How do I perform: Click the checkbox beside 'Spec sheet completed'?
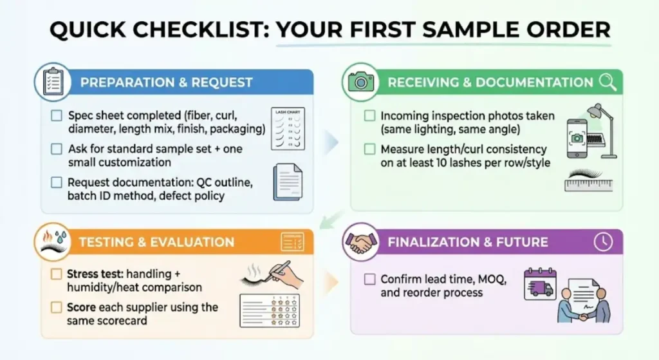click(x=57, y=116)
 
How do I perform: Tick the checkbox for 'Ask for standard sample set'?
click(x=57, y=149)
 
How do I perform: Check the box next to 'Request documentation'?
click(x=57, y=182)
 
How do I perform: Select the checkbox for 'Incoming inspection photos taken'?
click(x=369, y=116)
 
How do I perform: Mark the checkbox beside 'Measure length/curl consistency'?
click(x=369, y=149)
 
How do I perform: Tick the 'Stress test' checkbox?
click(x=57, y=274)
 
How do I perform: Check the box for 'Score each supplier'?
click(x=57, y=307)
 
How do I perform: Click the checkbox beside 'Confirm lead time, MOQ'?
click(x=369, y=279)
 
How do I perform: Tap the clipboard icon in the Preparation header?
click(x=52, y=82)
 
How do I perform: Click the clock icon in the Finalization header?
click(x=603, y=242)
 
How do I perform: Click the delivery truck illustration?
click(x=539, y=285)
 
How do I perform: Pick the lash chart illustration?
click(x=288, y=129)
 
